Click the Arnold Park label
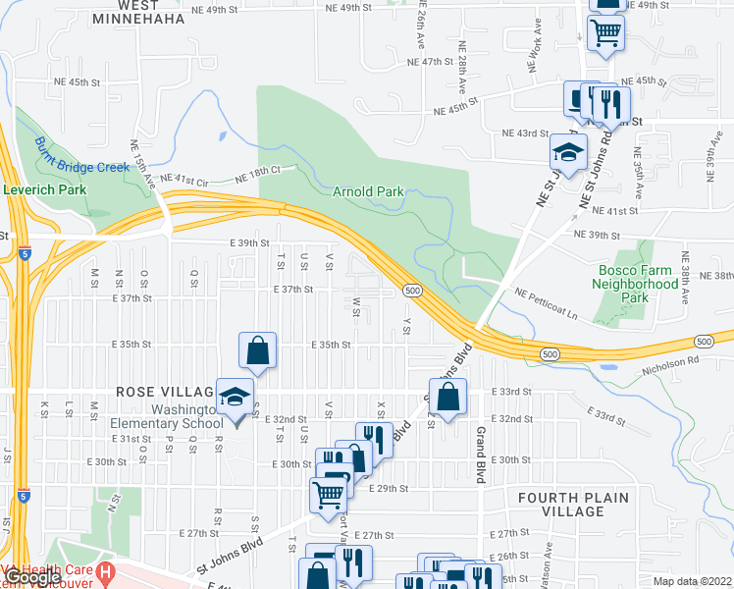click(x=368, y=190)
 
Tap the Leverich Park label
click(x=45, y=189)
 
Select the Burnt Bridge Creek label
click(x=81, y=154)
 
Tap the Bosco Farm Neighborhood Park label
click(x=635, y=284)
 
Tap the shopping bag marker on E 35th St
click(x=257, y=350)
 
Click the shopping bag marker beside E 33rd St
click(x=447, y=398)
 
